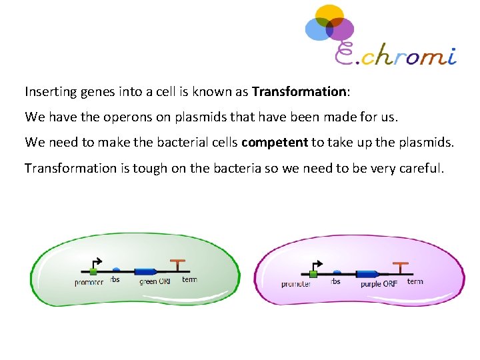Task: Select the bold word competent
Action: tap(275, 142)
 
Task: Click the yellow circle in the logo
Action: tap(329, 15)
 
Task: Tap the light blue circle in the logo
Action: tap(317, 29)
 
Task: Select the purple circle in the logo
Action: tap(341, 29)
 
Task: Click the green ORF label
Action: tap(155, 282)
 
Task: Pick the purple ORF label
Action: tap(379, 284)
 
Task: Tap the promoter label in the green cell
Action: tap(89, 283)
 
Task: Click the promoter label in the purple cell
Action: tap(296, 284)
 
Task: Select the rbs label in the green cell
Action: tap(115, 280)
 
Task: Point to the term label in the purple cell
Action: tap(415, 281)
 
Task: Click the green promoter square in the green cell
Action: tap(93, 271)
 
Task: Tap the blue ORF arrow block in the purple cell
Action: tap(367, 273)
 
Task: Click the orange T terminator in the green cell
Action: tap(178, 265)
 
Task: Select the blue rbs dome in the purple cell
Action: tap(337, 271)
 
